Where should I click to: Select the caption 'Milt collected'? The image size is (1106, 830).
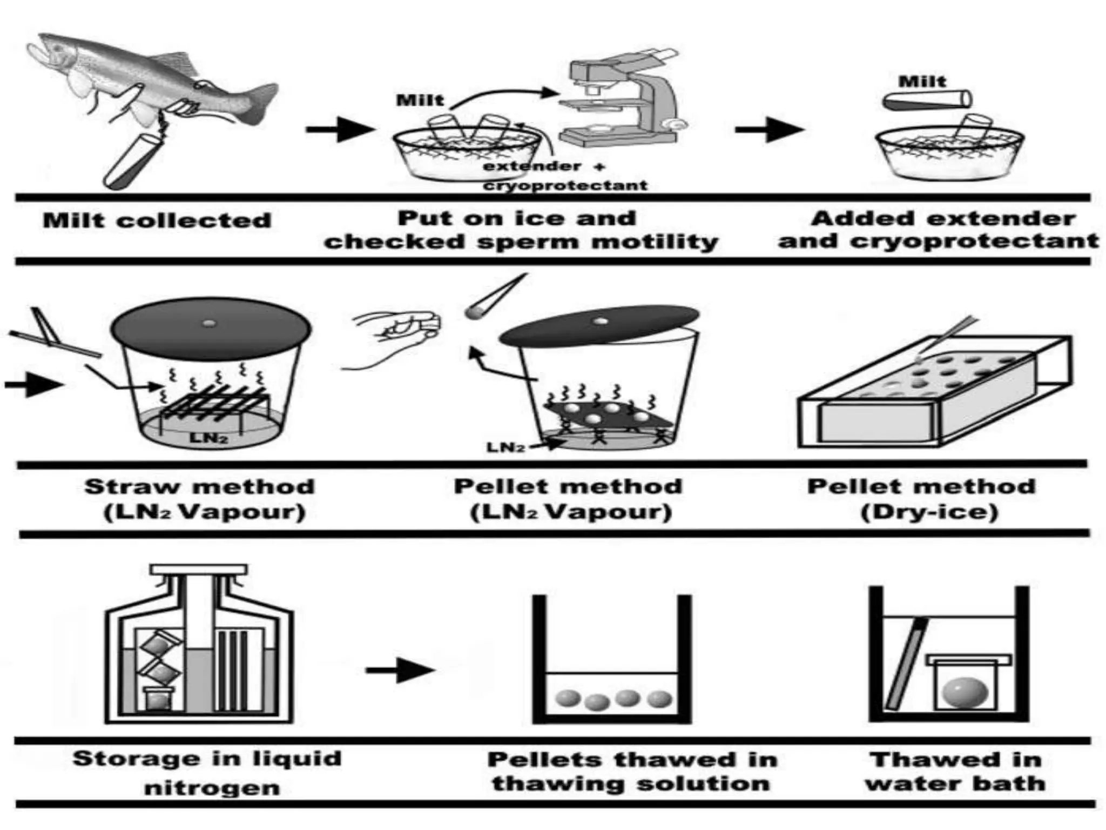157,220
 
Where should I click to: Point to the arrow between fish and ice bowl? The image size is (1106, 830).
340,129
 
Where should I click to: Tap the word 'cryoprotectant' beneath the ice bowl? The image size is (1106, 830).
565,186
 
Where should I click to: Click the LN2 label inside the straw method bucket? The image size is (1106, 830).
208,437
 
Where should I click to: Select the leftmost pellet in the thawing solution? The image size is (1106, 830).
567,698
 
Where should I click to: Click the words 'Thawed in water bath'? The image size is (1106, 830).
955,772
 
